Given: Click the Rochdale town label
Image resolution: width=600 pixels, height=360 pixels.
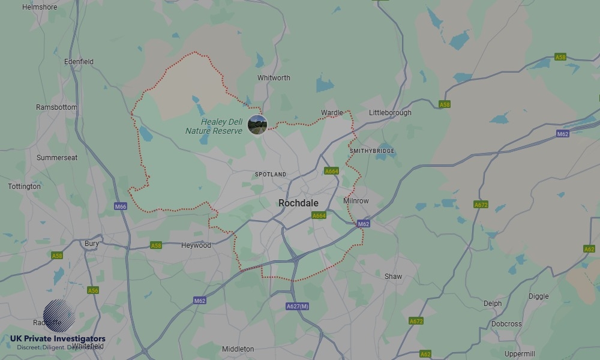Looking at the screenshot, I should coord(298,203).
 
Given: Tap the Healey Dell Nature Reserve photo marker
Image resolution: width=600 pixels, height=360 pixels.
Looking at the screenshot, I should coord(257,125).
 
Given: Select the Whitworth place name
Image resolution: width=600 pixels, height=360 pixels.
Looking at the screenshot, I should coord(274,78).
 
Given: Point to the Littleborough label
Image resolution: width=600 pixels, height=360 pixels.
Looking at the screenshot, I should coord(390,113).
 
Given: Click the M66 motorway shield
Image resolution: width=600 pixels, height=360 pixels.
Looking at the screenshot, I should coord(121,206).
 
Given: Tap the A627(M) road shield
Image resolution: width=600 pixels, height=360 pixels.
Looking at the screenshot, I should coord(298,307).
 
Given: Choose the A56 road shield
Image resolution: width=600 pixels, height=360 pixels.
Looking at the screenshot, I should coord(93,290).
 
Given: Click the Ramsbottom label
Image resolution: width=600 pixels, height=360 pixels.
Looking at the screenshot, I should coord(56,107).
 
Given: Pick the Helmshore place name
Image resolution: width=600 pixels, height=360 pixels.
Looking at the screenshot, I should coord(39,7).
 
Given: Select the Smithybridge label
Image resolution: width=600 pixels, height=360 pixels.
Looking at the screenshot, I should coord(372,151).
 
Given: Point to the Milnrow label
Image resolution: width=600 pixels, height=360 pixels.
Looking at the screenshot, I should coord(356,201).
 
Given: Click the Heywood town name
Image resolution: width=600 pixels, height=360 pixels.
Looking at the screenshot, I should coord(196,245).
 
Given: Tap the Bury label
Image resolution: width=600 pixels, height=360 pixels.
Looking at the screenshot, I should coord(92,244).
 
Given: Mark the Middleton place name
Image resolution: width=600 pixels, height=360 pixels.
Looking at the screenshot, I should coord(238,349).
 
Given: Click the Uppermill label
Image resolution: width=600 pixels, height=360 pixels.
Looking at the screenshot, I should coord(520,354).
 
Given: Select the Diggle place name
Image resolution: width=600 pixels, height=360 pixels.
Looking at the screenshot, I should coord(538,296).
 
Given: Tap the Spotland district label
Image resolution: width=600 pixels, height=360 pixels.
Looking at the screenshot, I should coord(271,175).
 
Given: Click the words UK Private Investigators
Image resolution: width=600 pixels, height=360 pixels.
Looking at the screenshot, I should coord(58,339).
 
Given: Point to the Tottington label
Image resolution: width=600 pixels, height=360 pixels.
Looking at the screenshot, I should coord(25,187).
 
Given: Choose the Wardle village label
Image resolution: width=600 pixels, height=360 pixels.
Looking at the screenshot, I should coord(332,113).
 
